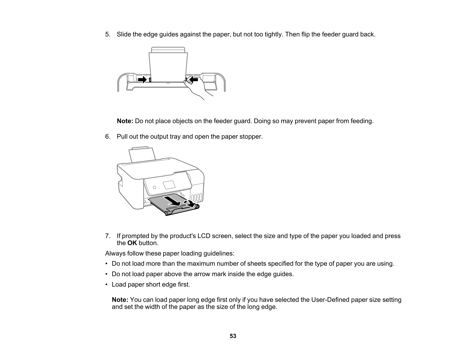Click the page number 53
[x=233, y=336]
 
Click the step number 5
[x=107, y=34]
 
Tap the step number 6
[x=107, y=137]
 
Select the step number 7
[x=107, y=236]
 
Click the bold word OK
[x=132, y=243]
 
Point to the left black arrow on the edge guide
[x=142, y=79]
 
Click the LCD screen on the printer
[x=169, y=185]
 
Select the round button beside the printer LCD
[x=154, y=187]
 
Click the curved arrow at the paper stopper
[x=190, y=203]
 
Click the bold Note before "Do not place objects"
[x=125, y=121]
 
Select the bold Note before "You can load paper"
[x=120, y=300]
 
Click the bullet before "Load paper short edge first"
[x=106, y=284]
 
